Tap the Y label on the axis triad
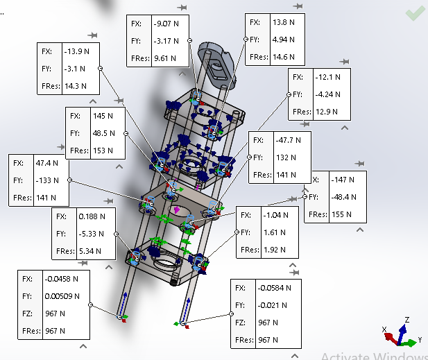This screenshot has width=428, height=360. tap(420, 340)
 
